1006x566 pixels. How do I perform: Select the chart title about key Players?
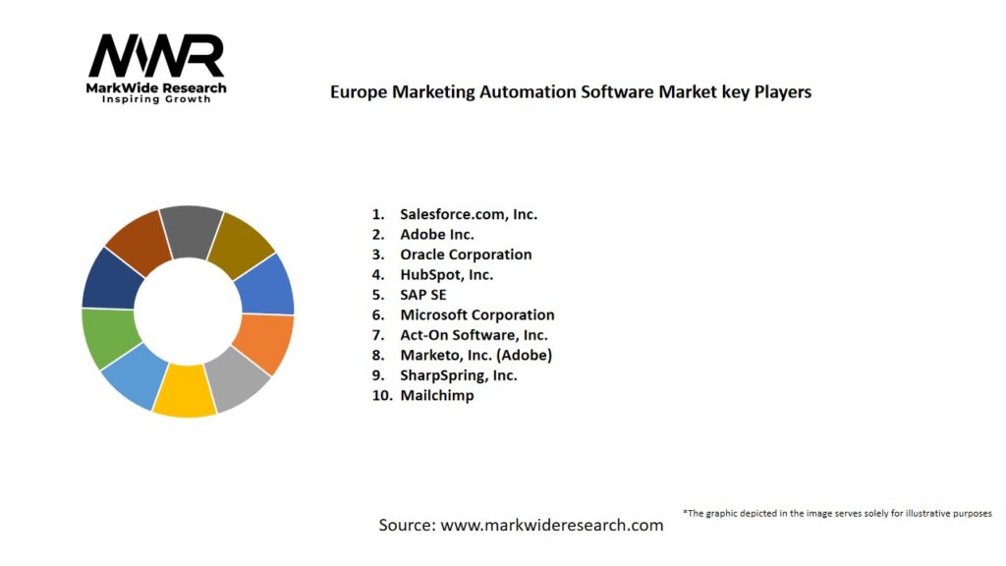pos(571,91)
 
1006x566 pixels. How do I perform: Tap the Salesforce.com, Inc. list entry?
pos(469,213)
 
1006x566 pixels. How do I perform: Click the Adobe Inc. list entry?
pos(437,234)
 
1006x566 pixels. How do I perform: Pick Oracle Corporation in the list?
pos(466,254)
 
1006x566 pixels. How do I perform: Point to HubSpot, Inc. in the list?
pos(446,274)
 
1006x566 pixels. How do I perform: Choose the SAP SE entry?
pos(423,294)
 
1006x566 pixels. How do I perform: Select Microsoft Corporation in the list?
pos(476,314)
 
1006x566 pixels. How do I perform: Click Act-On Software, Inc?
pos(474,335)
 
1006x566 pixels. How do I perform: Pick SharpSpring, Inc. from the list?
pos(458,374)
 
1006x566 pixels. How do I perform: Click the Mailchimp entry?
pos(436,395)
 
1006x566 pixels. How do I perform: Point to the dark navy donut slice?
pos(109,278)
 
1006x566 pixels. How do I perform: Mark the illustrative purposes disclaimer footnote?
pos(837,513)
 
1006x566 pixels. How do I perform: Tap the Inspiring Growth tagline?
pos(156,99)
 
